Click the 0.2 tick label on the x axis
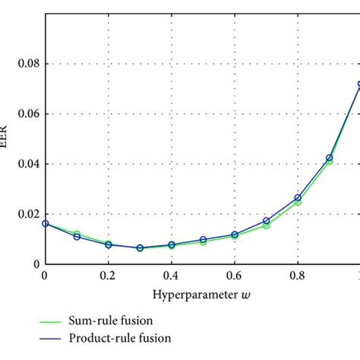(109, 276)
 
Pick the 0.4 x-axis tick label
(172, 276)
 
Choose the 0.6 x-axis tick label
(235, 276)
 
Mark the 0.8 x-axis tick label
(298, 276)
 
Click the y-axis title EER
(4, 139)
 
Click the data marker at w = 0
(46, 223)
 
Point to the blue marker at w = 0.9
(330, 158)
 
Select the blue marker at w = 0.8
(298, 198)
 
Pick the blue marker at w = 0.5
(204, 240)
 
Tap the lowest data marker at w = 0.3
(141, 248)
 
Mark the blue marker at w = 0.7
(267, 221)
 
